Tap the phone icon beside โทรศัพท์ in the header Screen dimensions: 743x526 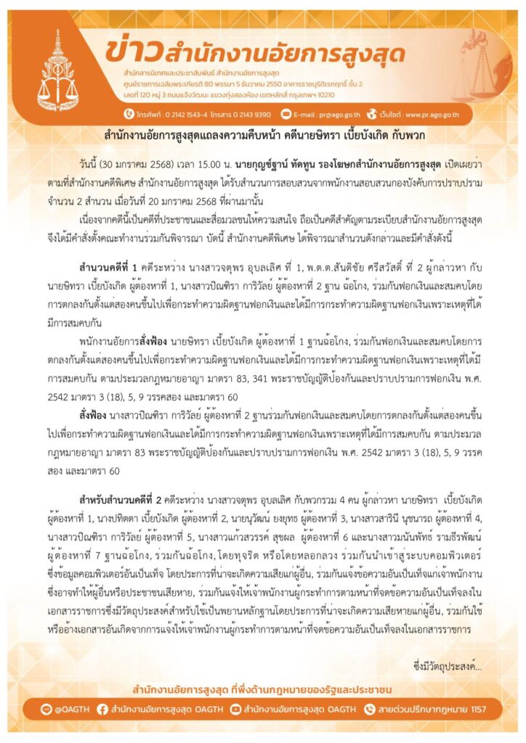point(128,114)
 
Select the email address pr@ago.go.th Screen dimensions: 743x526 point(333,114)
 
